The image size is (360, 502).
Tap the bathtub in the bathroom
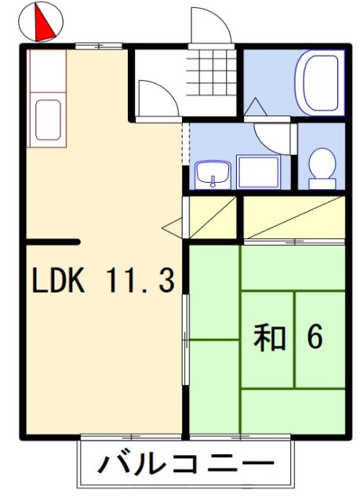pos(320,82)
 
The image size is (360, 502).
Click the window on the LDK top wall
pos(99,45)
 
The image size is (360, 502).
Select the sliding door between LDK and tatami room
pos(186,337)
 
